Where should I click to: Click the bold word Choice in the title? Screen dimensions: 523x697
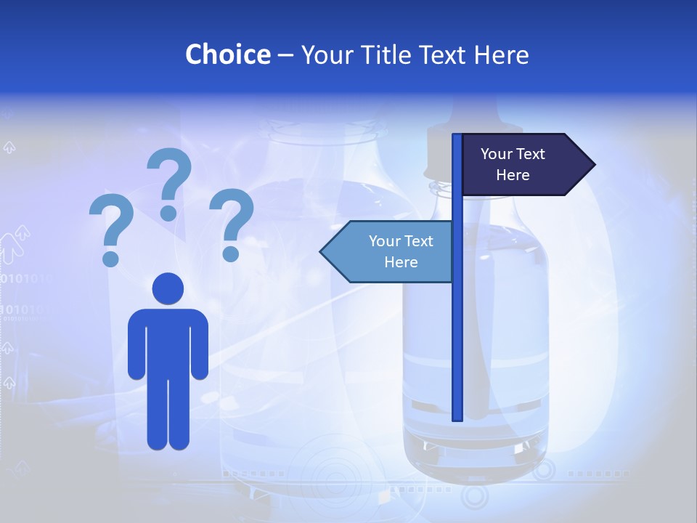coord(227,54)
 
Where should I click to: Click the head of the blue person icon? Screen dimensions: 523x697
coord(168,288)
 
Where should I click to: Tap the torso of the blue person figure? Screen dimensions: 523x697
coord(168,341)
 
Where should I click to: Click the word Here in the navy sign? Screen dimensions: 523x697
coord(513,175)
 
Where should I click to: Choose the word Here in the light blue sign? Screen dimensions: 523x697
coord(401,262)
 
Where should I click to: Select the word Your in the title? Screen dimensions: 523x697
coord(327,54)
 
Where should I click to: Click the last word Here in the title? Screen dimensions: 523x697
coord(501,54)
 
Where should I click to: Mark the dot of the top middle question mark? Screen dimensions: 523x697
coord(168,213)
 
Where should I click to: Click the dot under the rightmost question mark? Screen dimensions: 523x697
coord(231,254)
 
